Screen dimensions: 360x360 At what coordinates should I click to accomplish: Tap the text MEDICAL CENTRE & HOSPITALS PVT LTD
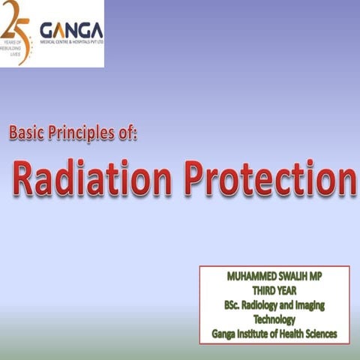coord(71,44)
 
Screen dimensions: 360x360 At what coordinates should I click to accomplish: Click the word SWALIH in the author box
coord(294,277)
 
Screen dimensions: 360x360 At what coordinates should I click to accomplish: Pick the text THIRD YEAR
coord(274,291)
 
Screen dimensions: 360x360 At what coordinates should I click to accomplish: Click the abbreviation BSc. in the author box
coord(232,305)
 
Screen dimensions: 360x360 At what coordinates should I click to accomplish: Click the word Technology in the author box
coord(274,319)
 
